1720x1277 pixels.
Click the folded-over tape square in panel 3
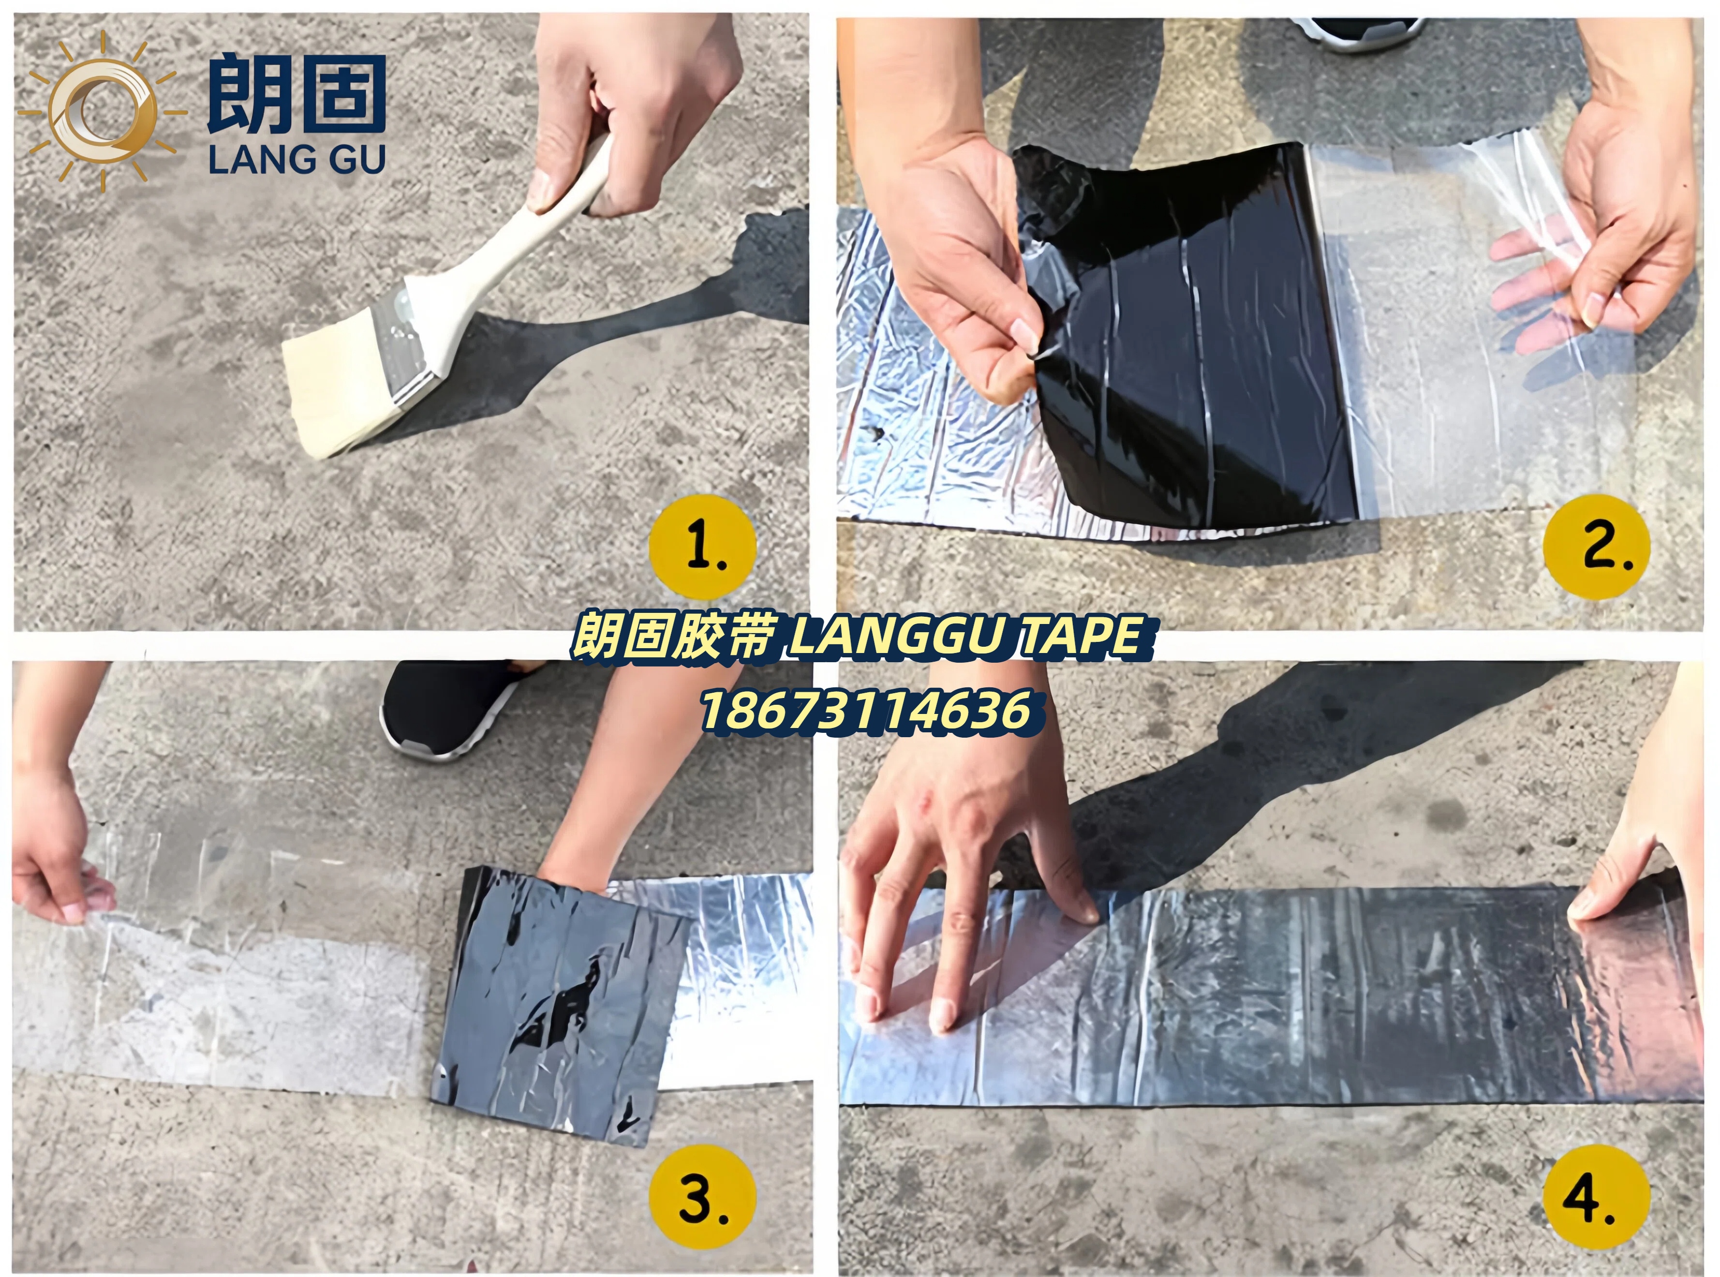(561, 1005)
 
